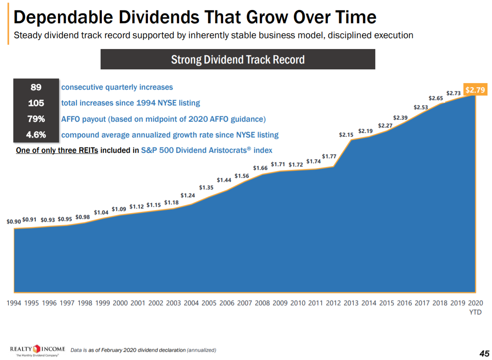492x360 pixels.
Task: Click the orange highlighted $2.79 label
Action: tap(475, 90)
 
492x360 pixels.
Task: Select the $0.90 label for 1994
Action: tap(14, 222)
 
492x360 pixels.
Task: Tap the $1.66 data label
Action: tap(261, 168)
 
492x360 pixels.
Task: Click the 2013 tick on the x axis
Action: tap(351, 303)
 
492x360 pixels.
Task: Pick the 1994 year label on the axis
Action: tap(14, 303)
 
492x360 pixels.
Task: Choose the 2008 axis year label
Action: tap(262, 303)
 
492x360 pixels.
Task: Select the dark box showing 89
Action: tap(36, 87)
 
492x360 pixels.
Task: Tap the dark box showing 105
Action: tap(36, 103)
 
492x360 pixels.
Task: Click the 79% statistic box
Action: tap(36, 119)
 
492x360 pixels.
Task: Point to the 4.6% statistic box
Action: tap(36, 135)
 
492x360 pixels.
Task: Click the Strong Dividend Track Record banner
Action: tap(238, 59)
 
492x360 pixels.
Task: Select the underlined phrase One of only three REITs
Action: tap(57, 150)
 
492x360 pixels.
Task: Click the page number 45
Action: tap(484, 353)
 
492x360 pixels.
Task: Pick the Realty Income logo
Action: tap(37, 349)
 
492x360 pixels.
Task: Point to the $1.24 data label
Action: tap(188, 195)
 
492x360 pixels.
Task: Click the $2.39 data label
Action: tap(401, 118)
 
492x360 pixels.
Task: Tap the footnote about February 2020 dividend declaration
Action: tap(143, 350)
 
